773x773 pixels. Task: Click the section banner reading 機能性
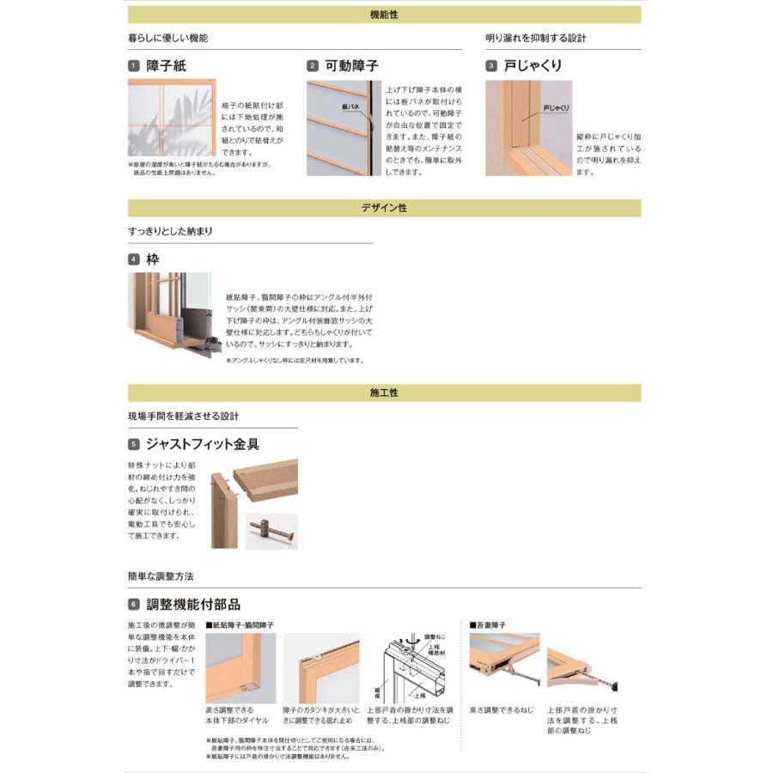(x=384, y=15)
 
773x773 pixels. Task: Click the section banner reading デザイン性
(x=384, y=208)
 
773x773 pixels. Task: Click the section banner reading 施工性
(x=384, y=393)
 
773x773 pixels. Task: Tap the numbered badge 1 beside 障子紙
(x=134, y=65)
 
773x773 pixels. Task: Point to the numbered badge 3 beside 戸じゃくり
(x=491, y=65)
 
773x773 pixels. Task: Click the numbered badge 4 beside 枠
(x=134, y=259)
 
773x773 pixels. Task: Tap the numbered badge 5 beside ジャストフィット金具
(x=134, y=445)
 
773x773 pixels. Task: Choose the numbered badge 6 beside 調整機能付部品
(x=134, y=605)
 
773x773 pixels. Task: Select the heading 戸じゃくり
(x=533, y=65)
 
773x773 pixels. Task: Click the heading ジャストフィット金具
(x=203, y=445)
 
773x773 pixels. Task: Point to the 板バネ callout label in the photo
(x=349, y=108)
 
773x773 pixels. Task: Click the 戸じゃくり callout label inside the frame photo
(x=556, y=108)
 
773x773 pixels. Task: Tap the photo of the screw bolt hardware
(x=271, y=531)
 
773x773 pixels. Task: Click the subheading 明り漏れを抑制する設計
(x=536, y=39)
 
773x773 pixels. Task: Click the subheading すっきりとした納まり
(x=171, y=232)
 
